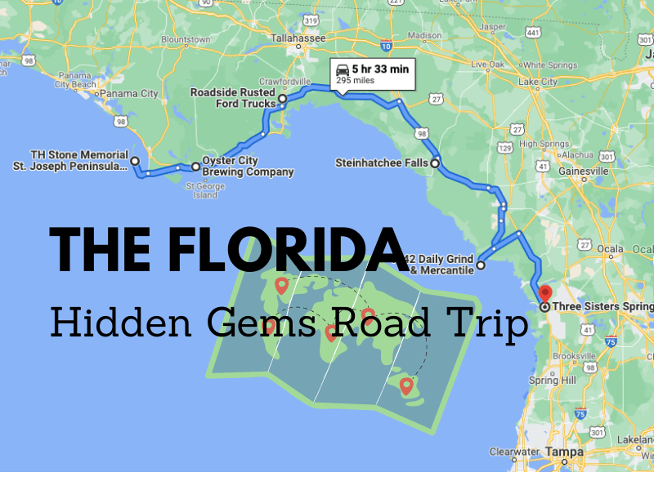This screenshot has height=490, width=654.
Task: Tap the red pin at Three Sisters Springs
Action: click(545, 293)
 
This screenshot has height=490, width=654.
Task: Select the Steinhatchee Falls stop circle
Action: click(435, 163)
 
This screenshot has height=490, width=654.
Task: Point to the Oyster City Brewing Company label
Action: click(248, 167)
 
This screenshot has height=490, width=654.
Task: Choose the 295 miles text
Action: click(353, 81)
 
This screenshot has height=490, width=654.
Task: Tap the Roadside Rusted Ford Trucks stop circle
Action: click(282, 99)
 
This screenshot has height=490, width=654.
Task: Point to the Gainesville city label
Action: click(583, 171)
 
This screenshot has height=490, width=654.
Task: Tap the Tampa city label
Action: click(564, 452)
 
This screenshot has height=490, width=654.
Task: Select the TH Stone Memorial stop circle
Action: click(134, 162)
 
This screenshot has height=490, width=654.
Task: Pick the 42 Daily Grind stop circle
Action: click(481, 265)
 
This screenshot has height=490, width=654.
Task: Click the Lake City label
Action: click(538, 82)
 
